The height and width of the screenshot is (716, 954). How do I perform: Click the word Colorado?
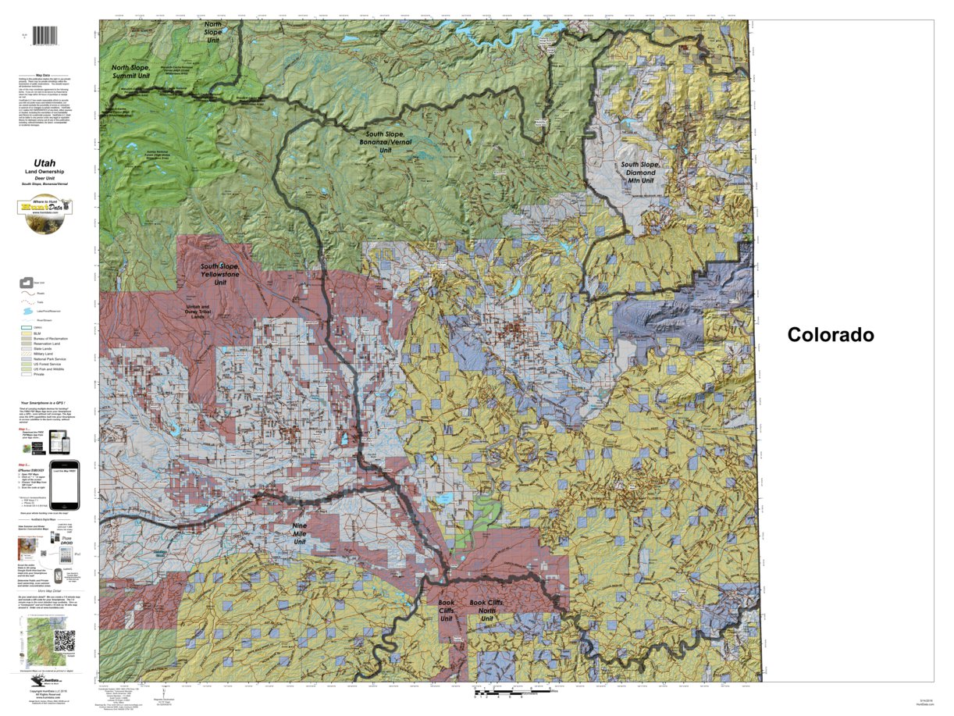[x=830, y=335]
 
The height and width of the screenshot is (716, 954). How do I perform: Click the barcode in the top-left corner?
[x=48, y=36]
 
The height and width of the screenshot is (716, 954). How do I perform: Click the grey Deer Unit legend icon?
[x=27, y=283]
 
